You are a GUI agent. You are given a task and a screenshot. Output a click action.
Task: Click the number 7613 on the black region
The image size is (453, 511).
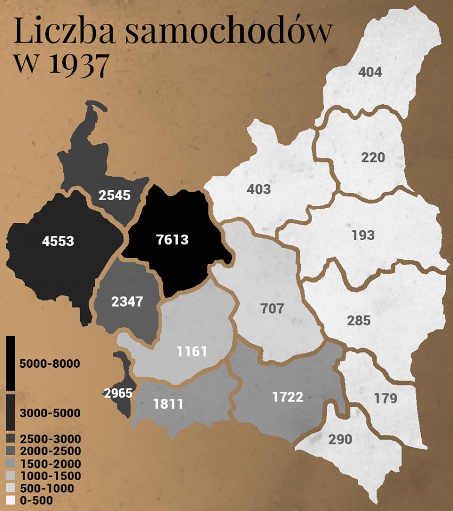click(x=173, y=239)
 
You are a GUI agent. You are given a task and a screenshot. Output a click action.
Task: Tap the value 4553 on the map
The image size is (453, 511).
click(x=58, y=241)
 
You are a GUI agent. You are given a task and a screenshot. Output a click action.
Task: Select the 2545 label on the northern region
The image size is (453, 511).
click(x=114, y=195)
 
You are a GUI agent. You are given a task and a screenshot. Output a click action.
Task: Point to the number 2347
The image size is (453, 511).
click(x=127, y=301)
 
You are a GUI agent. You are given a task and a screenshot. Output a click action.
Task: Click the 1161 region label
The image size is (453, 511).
click(x=192, y=351)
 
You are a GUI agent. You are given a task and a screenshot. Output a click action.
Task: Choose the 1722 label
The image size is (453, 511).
click(x=288, y=397)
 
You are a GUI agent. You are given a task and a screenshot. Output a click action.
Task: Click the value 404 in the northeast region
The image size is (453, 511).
click(x=370, y=72)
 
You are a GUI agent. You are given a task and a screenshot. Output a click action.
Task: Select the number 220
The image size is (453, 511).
click(x=373, y=158)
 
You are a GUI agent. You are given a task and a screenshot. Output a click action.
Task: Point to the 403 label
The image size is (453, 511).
click(x=259, y=189)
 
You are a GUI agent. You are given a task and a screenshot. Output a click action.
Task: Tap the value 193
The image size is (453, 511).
click(x=363, y=235)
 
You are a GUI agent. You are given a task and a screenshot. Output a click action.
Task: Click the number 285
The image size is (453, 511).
click(x=358, y=321)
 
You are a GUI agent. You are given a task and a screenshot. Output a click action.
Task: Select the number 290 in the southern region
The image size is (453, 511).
click(x=340, y=439)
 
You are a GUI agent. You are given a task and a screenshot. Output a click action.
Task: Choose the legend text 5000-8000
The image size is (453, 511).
click(x=49, y=364)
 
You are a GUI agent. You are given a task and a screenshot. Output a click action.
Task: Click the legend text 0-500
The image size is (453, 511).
click(x=36, y=500)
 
